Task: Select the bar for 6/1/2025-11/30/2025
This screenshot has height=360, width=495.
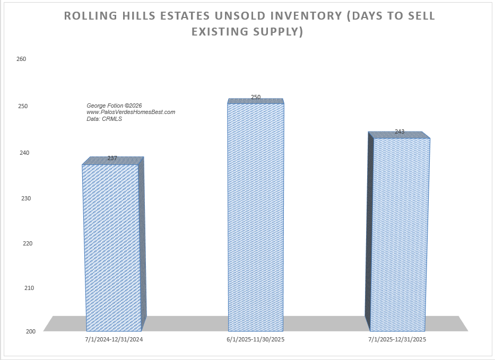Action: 256,217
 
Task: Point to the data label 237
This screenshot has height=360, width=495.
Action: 112,158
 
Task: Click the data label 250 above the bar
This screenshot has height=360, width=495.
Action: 256,97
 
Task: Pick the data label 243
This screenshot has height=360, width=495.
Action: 400,131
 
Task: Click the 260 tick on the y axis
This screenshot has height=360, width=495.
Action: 22,59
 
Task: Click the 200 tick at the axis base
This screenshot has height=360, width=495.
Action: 31,331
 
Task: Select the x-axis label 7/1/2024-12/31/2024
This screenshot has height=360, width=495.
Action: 114,339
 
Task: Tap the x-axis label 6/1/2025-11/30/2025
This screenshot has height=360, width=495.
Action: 256,339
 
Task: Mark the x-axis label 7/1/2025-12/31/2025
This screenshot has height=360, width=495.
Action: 397,339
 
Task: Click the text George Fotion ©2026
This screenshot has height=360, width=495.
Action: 114,106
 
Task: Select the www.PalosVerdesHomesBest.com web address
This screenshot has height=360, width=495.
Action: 131,112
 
